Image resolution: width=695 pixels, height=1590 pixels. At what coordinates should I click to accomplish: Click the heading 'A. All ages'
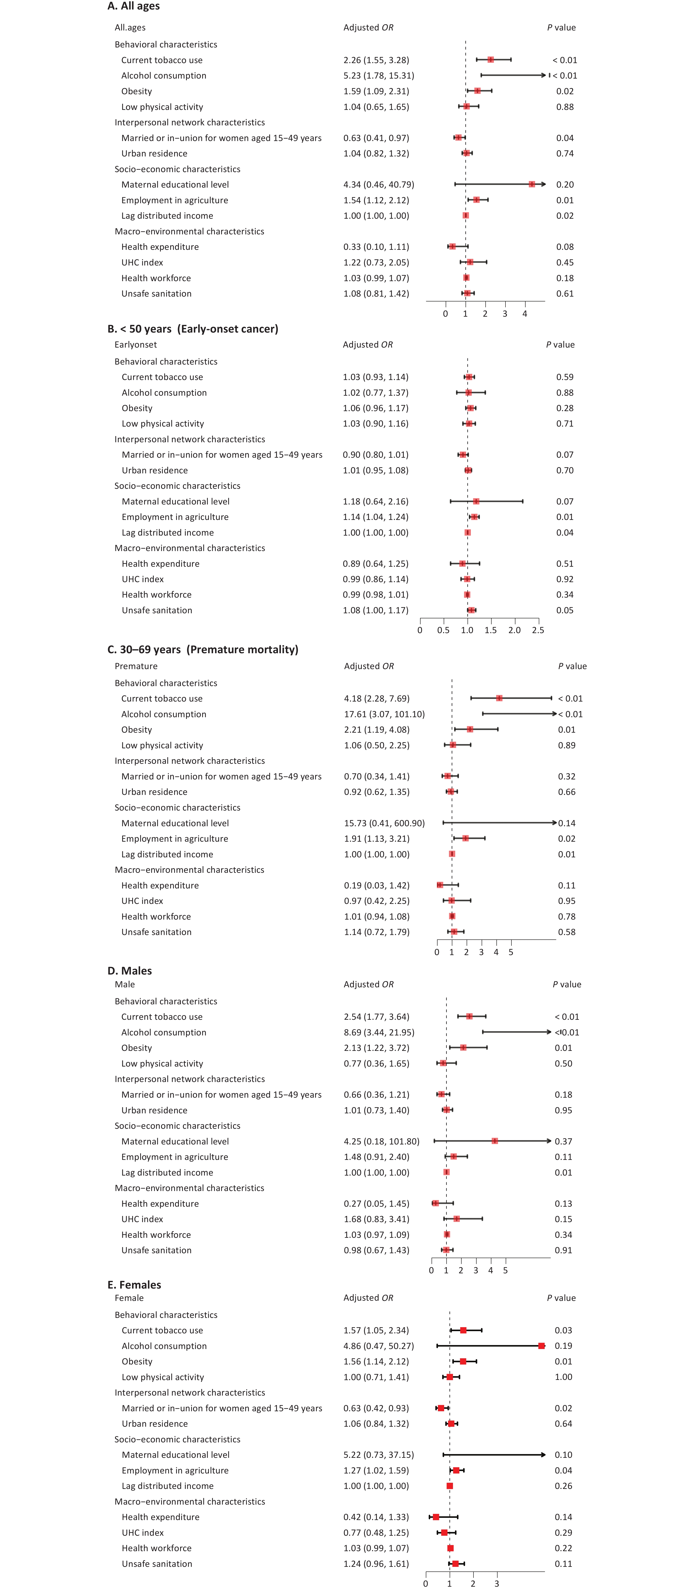pos(133,6)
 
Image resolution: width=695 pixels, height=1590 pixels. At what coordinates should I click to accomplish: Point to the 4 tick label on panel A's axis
pos(525,314)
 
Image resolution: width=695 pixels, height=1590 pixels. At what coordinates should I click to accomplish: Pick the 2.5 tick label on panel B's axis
pos(538,630)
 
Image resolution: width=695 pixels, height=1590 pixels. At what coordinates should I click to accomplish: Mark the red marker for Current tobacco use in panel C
pos(499,698)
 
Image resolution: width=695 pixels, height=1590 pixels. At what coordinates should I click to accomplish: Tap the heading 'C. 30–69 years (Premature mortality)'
pos(203,649)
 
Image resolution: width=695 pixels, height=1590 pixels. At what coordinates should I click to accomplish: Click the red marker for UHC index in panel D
pos(456,1218)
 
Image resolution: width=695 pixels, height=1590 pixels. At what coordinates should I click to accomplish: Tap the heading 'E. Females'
pos(134,1284)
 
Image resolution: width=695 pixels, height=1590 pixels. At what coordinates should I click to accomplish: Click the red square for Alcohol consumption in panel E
pos(541,1345)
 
